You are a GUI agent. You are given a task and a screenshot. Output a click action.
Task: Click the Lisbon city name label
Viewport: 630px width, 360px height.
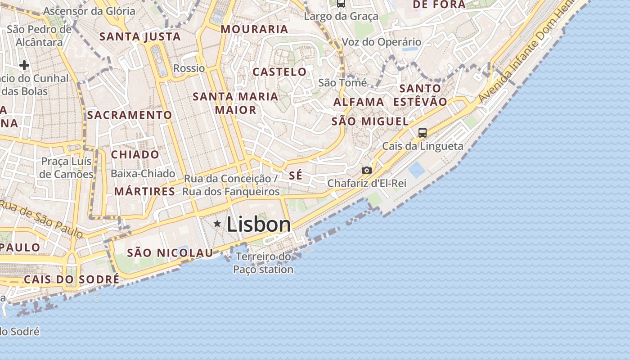[x=259, y=224]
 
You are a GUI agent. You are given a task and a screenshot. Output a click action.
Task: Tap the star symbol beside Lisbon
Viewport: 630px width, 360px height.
[x=217, y=223]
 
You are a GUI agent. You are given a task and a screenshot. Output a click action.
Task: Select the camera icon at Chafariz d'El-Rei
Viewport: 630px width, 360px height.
[x=367, y=170]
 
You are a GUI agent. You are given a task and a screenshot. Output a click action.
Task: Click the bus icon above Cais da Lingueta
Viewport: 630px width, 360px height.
[x=422, y=132]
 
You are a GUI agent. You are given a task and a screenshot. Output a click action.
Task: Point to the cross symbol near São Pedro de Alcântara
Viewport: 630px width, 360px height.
[x=24, y=66]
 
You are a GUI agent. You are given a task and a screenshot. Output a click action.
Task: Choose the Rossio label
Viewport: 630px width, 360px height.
[x=189, y=68]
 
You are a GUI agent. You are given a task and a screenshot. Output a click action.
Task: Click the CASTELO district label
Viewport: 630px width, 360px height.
[x=279, y=72]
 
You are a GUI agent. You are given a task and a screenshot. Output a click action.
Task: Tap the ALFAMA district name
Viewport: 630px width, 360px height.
[x=359, y=102]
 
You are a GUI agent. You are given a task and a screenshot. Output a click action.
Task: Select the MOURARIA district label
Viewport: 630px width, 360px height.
[x=254, y=30]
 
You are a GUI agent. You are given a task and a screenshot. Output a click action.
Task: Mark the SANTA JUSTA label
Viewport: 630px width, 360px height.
[x=140, y=36]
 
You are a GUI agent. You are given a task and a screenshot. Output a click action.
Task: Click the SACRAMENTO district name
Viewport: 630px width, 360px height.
[x=130, y=115]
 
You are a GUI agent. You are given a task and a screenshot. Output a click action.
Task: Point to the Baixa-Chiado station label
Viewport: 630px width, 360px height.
[x=143, y=174]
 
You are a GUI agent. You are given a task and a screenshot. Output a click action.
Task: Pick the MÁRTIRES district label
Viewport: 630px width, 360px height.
[x=144, y=192]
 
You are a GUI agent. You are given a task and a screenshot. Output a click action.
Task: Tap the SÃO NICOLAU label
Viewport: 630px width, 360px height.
[x=170, y=253]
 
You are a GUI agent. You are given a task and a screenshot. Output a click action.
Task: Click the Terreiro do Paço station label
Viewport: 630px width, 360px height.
[x=264, y=263]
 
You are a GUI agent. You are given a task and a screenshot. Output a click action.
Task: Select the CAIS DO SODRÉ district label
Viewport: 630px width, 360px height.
[x=72, y=279]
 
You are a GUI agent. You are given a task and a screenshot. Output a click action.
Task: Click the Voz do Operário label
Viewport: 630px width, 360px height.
[x=382, y=42]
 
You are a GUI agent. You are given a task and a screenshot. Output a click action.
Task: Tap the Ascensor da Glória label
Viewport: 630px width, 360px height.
[x=90, y=11]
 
